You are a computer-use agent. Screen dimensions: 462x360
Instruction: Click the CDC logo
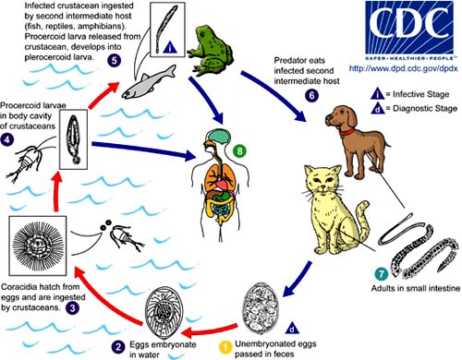(409, 30)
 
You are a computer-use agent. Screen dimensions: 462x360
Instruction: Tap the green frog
(210, 50)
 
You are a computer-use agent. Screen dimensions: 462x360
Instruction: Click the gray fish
(149, 82)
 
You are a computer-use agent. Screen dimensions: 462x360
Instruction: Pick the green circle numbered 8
(240, 150)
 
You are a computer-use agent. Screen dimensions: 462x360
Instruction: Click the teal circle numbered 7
(382, 274)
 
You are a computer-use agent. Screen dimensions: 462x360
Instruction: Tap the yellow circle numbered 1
(225, 347)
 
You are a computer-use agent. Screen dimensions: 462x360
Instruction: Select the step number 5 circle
(115, 60)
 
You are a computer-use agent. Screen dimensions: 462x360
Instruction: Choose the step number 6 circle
(311, 95)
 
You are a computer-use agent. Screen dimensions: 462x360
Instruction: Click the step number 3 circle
(72, 307)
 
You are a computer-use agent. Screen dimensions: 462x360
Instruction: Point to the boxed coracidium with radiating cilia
(38, 246)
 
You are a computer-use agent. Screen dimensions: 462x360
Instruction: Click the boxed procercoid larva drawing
(73, 139)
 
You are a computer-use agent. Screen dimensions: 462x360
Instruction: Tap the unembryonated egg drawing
(261, 306)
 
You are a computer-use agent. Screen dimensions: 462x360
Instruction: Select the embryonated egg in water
(164, 313)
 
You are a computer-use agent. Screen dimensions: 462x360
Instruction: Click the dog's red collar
(346, 132)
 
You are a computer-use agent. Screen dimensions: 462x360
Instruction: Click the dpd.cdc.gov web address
(403, 67)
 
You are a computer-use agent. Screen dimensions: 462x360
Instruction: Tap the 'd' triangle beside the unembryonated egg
(292, 329)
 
